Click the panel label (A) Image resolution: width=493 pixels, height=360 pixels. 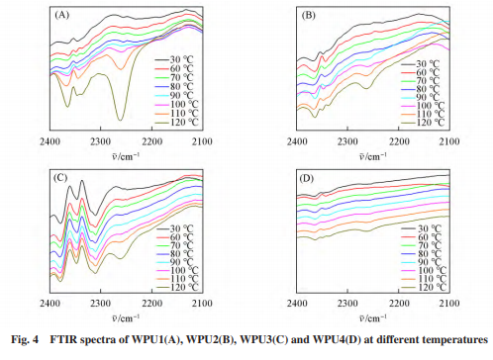coord(61,15)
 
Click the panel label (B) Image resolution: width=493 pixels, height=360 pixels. coord(309,16)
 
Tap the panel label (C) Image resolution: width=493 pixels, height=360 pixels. coord(60,178)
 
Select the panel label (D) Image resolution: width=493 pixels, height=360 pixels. coord(307,178)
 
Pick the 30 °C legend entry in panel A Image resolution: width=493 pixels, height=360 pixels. coord(174,60)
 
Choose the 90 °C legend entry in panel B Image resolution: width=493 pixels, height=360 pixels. coord(421,97)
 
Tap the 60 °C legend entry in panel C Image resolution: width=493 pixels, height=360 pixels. coord(175,237)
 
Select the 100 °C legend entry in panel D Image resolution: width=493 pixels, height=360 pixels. coord(424,271)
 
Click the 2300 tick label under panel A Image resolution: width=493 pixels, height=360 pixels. coord(101,141)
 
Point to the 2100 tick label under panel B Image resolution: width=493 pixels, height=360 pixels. coord(449,141)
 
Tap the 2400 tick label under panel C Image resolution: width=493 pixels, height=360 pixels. coord(49,304)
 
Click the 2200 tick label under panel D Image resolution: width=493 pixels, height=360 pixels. coord(399,304)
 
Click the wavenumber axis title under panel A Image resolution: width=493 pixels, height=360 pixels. coord(126,155)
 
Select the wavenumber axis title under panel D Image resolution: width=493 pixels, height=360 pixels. coord(372,317)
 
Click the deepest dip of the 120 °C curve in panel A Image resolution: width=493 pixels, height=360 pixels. coord(121,120)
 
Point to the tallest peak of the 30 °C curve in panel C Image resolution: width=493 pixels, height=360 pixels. coord(81,181)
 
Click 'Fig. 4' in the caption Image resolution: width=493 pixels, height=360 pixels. coord(25,339)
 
